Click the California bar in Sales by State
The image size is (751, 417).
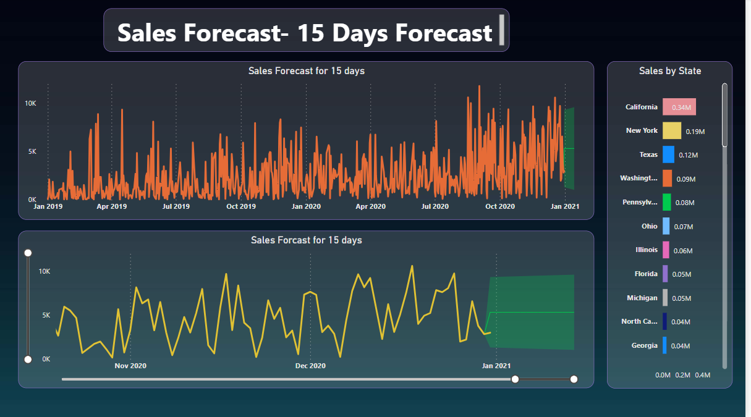tap(679, 107)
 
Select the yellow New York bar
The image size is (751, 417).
tap(672, 130)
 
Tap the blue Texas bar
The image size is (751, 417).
tap(668, 154)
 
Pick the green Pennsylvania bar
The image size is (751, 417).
tap(666, 202)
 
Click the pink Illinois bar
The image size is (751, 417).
tap(666, 250)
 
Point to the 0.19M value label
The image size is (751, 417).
tap(695, 132)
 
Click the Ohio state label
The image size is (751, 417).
tap(649, 226)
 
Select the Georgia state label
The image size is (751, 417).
tap(644, 345)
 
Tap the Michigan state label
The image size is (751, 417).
tap(642, 298)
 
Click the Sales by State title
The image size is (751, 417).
tap(670, 71)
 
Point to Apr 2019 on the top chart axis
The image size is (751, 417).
tap(111, 206)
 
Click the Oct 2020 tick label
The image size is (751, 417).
tap(499, 206)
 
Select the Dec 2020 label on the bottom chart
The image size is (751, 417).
tap(310, 366)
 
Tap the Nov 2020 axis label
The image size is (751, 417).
tap(130, 366)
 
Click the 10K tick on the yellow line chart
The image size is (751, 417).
tap(45, 271)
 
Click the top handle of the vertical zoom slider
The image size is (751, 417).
tap(28, 253)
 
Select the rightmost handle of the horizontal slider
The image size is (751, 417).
tap(574, 379)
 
